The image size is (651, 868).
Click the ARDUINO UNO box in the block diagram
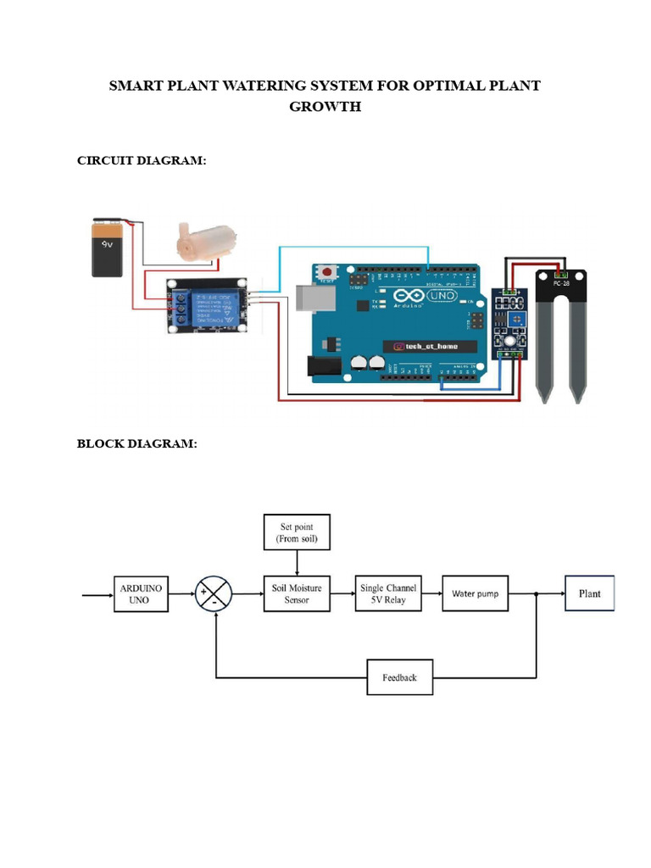click(142, 593)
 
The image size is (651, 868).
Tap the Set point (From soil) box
click(296, 532)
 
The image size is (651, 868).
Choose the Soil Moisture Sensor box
click(296, 593)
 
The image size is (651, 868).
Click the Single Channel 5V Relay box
click(387, 593)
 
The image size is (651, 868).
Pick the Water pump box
click(475, 593)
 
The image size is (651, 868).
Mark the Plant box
click(589, 593)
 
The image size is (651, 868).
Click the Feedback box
click(399, 677)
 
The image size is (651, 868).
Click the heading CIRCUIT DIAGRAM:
click(142, 161)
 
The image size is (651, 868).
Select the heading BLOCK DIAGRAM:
click(136, 443)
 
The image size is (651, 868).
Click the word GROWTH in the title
click(325, 107)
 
